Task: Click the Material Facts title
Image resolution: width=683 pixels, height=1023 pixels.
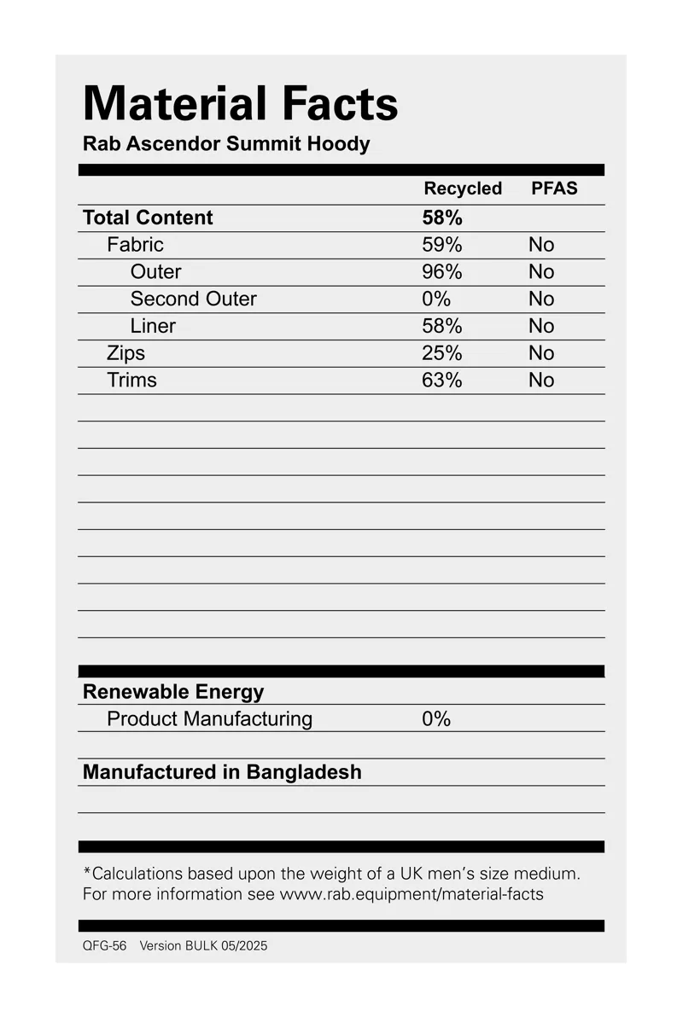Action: tap(240, 104)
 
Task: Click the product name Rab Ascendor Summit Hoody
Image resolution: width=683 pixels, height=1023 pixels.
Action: tap(226, 143)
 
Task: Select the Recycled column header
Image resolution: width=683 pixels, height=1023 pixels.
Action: tap(463, 189)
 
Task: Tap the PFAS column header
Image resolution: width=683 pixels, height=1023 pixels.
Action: tap(554, 189)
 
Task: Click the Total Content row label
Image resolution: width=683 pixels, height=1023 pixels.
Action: tap(148, 218)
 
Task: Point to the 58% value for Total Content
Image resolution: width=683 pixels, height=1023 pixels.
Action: tap(442, 218)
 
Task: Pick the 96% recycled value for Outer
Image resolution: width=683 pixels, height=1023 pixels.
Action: tap(442, 272)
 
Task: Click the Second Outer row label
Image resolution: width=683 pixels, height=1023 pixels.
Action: tap(193, 299)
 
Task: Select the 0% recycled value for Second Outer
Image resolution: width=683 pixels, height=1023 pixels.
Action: tap(436, 299)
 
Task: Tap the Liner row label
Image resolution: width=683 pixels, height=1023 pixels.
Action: tap(153, 326)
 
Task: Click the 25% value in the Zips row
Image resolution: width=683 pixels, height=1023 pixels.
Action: tap(442, 353)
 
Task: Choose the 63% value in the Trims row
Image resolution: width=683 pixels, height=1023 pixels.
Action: tap(442, 381)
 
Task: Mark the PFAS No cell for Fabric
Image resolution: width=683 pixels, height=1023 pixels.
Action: tap(541, 245)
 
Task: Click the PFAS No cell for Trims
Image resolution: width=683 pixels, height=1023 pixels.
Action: tap(541, 381)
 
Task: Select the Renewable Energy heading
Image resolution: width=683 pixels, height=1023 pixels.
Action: tap(173, 692)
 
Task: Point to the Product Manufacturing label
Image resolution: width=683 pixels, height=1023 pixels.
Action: tap(209, 719)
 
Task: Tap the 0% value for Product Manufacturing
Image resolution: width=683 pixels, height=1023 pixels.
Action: tap(436, 719)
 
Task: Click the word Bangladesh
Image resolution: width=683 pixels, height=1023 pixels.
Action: tap(304, 772)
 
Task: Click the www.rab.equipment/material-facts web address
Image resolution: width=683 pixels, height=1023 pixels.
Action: tap(412, 894)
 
